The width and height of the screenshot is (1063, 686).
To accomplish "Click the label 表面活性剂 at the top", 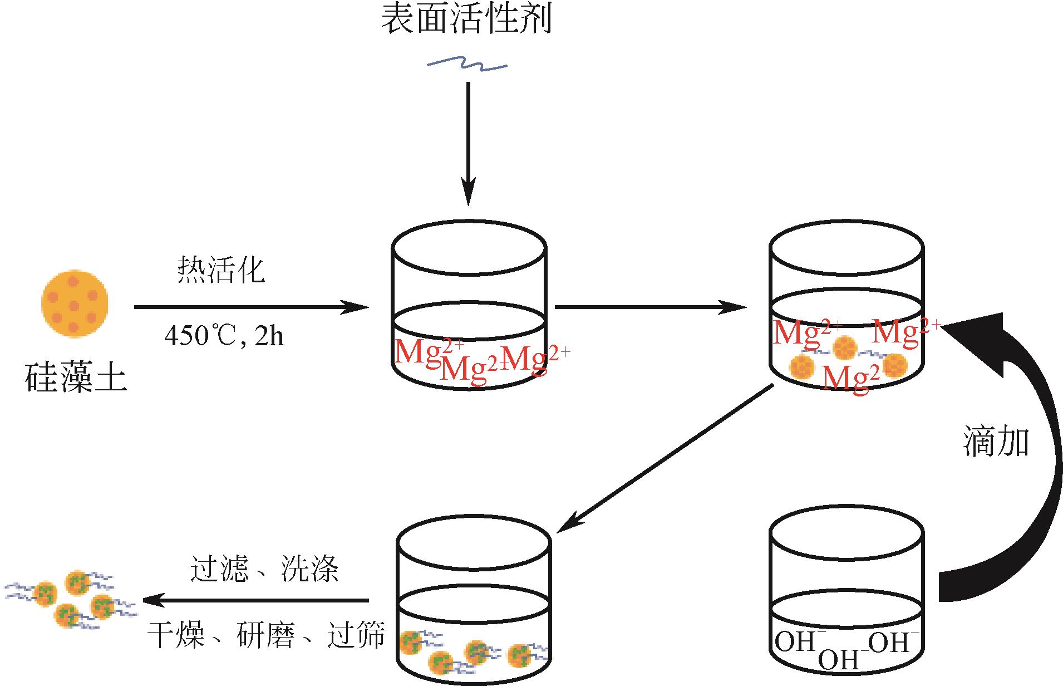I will [466, 20].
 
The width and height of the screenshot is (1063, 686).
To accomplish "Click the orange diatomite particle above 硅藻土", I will [75, 303].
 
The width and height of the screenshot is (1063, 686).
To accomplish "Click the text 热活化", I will [221, 270].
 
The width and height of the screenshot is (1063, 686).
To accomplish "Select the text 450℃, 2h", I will [224, 336].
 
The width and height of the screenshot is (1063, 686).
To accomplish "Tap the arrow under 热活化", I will [250, 307].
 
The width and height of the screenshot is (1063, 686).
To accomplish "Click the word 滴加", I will [996, 442].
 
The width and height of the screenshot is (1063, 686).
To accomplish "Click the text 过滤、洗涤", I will [264, 569].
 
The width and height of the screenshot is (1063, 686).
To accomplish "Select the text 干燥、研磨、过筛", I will [266, 635].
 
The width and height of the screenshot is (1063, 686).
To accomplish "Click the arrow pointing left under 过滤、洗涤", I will [256, 601].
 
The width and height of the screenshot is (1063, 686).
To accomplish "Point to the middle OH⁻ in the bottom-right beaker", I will [839, 660].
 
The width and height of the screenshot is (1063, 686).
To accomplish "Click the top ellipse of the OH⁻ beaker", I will [847, 537].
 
